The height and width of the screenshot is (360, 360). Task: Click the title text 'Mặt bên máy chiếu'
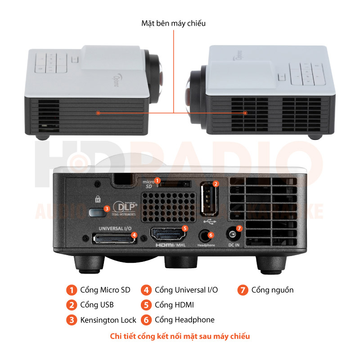tap(173, 23)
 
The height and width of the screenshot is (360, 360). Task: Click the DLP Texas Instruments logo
tap(126, 208)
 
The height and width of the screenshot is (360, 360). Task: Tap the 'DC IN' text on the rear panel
tap(234, 245)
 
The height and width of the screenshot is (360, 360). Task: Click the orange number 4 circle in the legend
tap(146, 290)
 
